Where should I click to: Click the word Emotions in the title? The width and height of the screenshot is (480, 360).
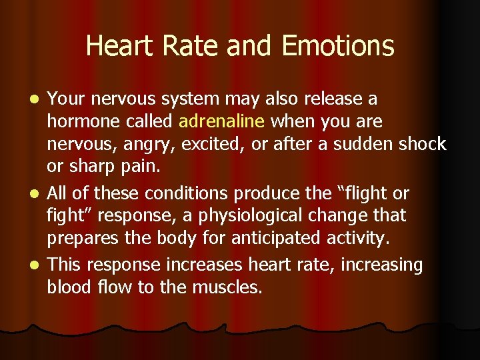(x=338, y=46)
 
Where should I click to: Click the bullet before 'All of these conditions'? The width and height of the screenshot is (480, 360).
(x=37, y=195)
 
